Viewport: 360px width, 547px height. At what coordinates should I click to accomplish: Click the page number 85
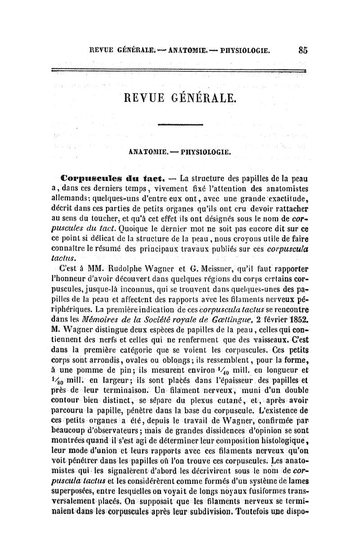tap(302, 51)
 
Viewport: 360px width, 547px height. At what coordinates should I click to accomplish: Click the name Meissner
tap(220, 272)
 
